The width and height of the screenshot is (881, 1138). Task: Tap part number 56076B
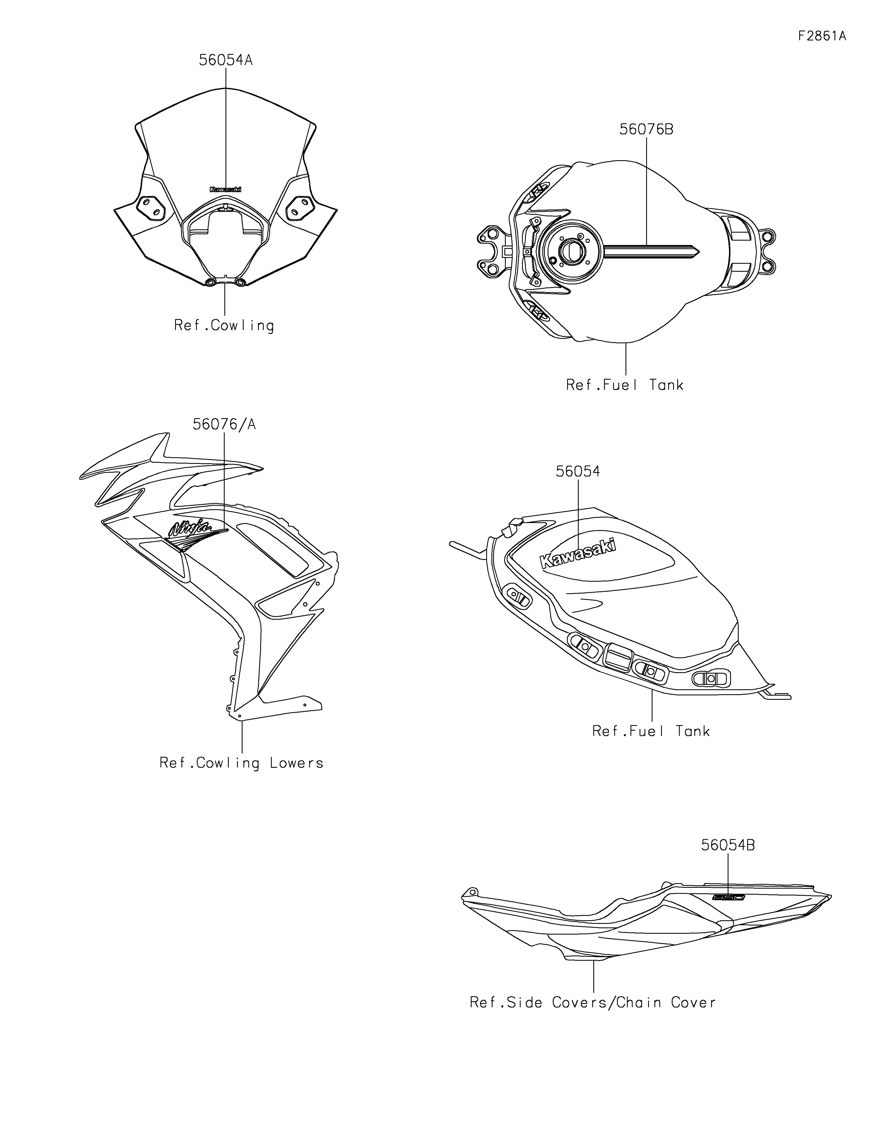[646, 129]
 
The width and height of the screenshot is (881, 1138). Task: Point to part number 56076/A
[224, 425]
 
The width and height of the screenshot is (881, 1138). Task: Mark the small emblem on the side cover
[729, 898]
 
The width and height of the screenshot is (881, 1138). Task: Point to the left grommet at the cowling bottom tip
[211, 282]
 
